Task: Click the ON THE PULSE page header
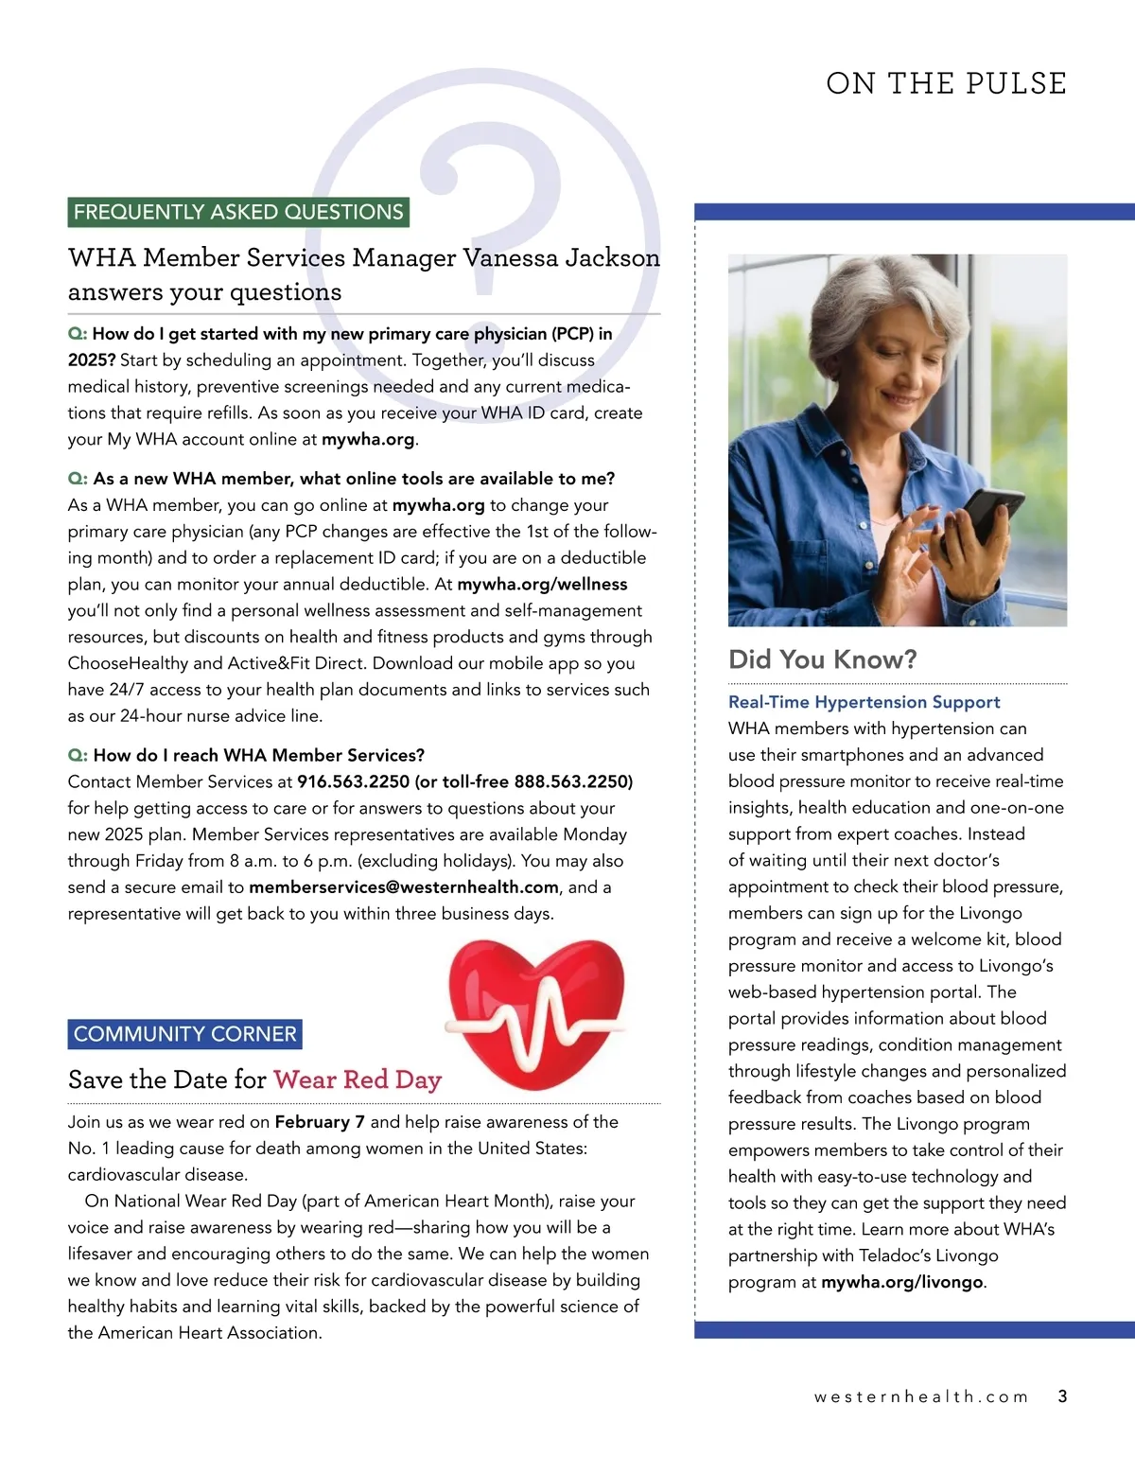pos(946,83)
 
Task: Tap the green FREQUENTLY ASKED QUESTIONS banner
pos(238,212)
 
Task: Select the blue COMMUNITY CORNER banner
pos(185,1034)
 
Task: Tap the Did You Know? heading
pos(822,659)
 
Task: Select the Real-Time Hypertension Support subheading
pos(864,702)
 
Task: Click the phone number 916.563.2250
pos(354,781)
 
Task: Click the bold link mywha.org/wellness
pos(542,585)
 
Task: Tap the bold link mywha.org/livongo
pos(902,1283)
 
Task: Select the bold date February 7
pos(320,1122)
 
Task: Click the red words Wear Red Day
pos(358,1079)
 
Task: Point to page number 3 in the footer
pos(1062,1396)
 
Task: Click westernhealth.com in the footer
pos(920,1397)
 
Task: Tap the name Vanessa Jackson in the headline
pos(561,257)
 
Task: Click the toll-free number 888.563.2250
pos(572,781)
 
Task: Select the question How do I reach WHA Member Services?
pos(258,755)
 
